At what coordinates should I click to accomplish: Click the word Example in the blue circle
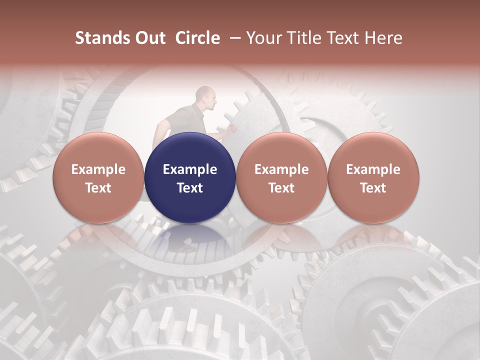(190, 169)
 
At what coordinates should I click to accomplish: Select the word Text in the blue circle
(190, 188)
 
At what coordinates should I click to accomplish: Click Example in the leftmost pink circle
(98, 169)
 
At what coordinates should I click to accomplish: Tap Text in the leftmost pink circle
(98, 188)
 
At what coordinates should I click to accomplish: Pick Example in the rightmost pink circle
(373, 169)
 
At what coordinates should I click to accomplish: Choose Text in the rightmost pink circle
(373, 188)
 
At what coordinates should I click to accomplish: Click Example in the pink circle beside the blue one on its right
(281, 169)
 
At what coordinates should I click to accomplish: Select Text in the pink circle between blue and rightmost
(281, 188)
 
